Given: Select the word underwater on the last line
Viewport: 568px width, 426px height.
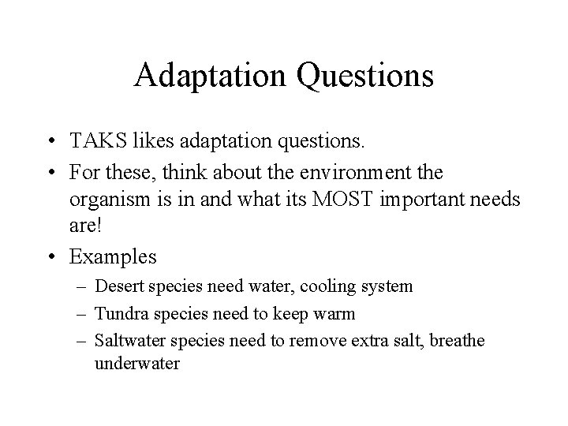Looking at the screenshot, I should click(x=136, y=364).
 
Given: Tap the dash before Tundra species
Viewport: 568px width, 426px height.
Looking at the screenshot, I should click(x=81, y=314).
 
